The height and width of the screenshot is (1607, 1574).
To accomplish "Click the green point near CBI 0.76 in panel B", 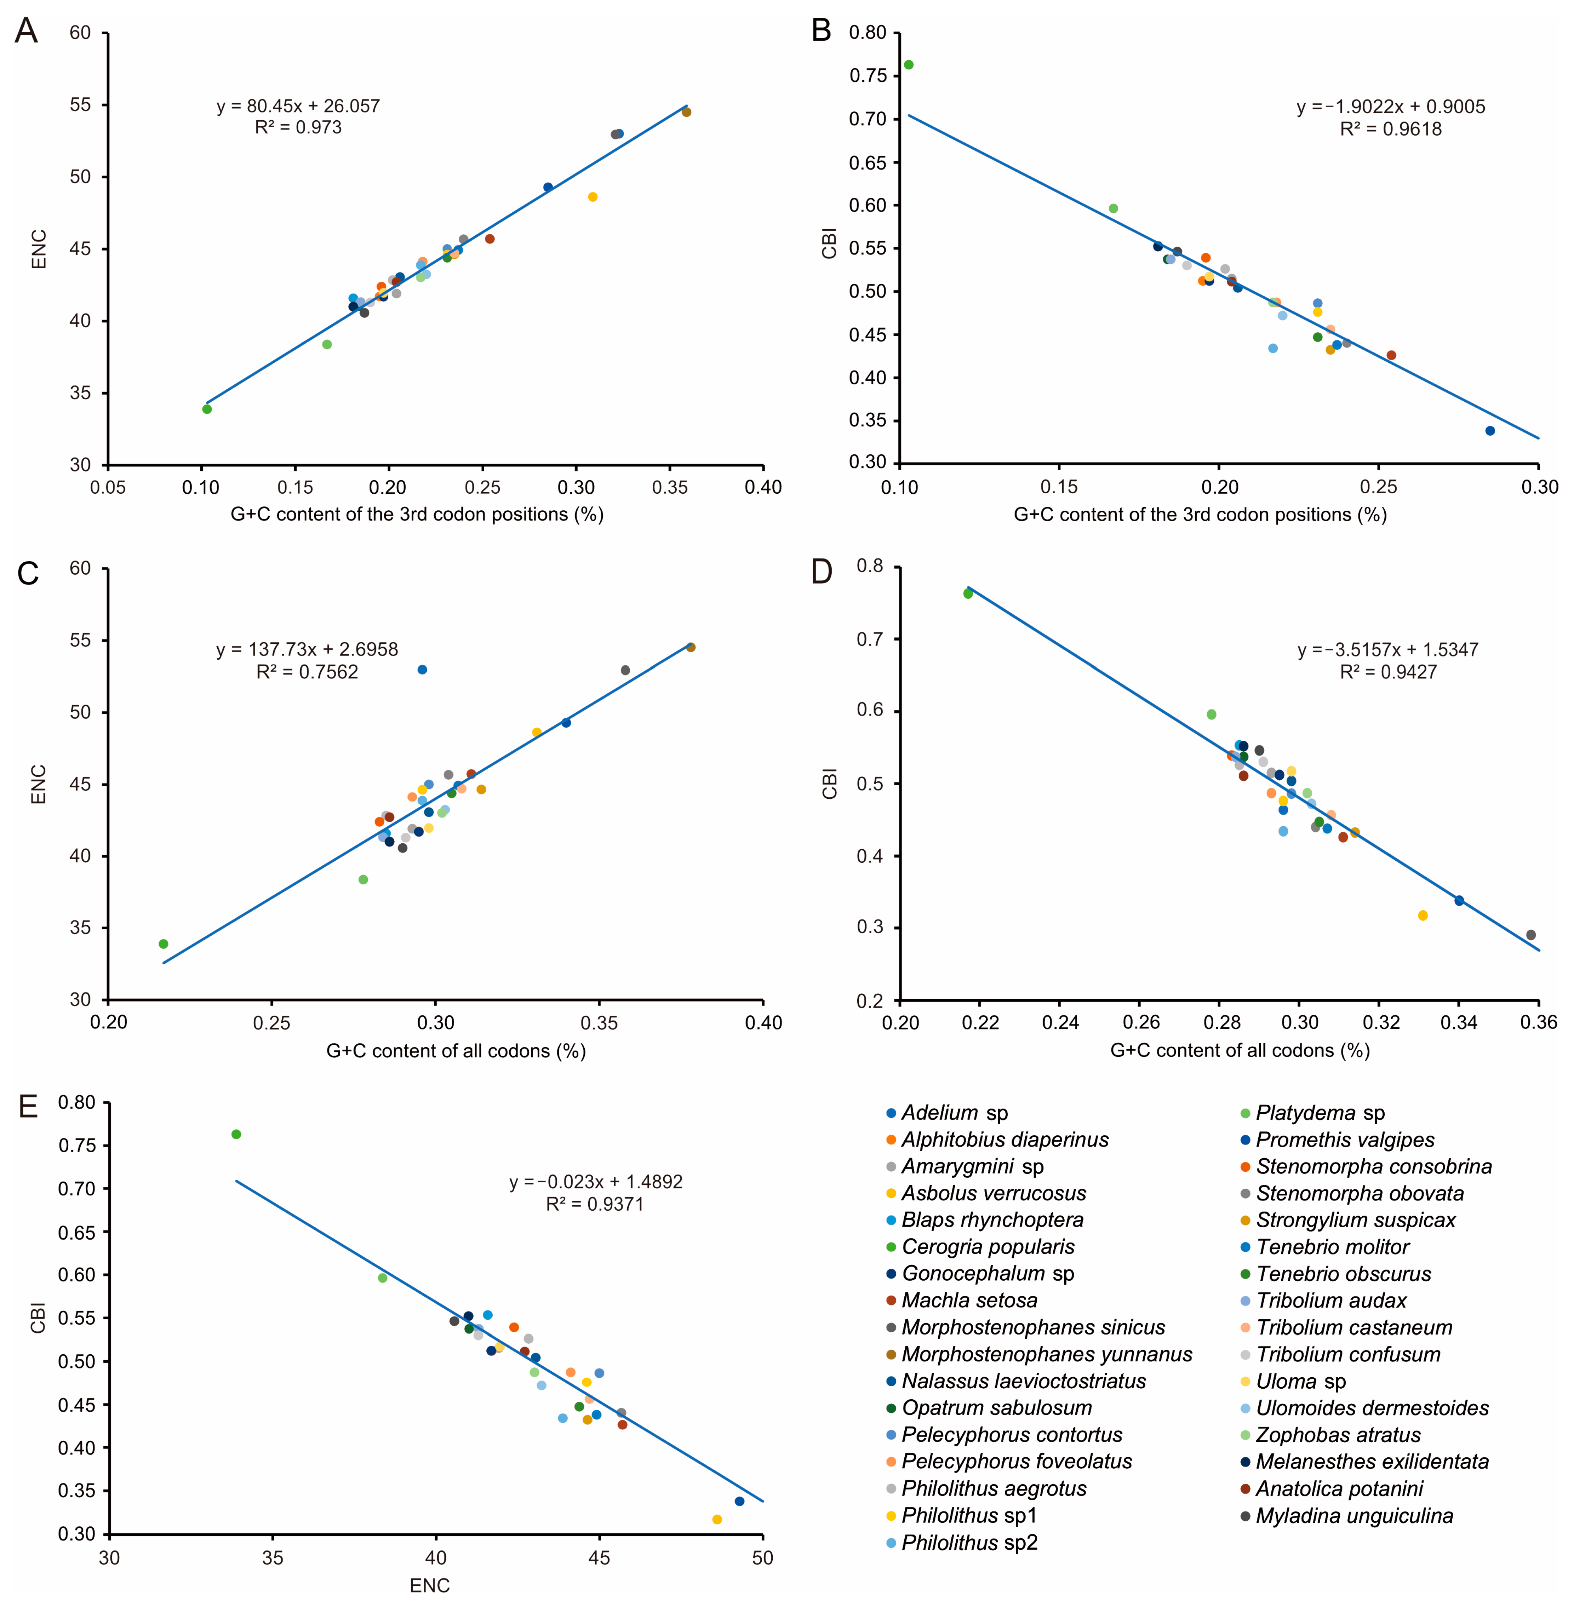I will (909, 64).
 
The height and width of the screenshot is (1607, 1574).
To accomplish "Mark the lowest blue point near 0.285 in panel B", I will (1490, 431).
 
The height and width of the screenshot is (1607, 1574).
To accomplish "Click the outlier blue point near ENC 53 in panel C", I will (422, 670).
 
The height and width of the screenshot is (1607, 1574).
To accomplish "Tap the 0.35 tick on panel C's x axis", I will (599, 1023).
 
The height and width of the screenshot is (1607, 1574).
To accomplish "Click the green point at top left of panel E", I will (236, 1134).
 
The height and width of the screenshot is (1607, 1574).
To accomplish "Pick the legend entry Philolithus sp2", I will (969, 1543).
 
